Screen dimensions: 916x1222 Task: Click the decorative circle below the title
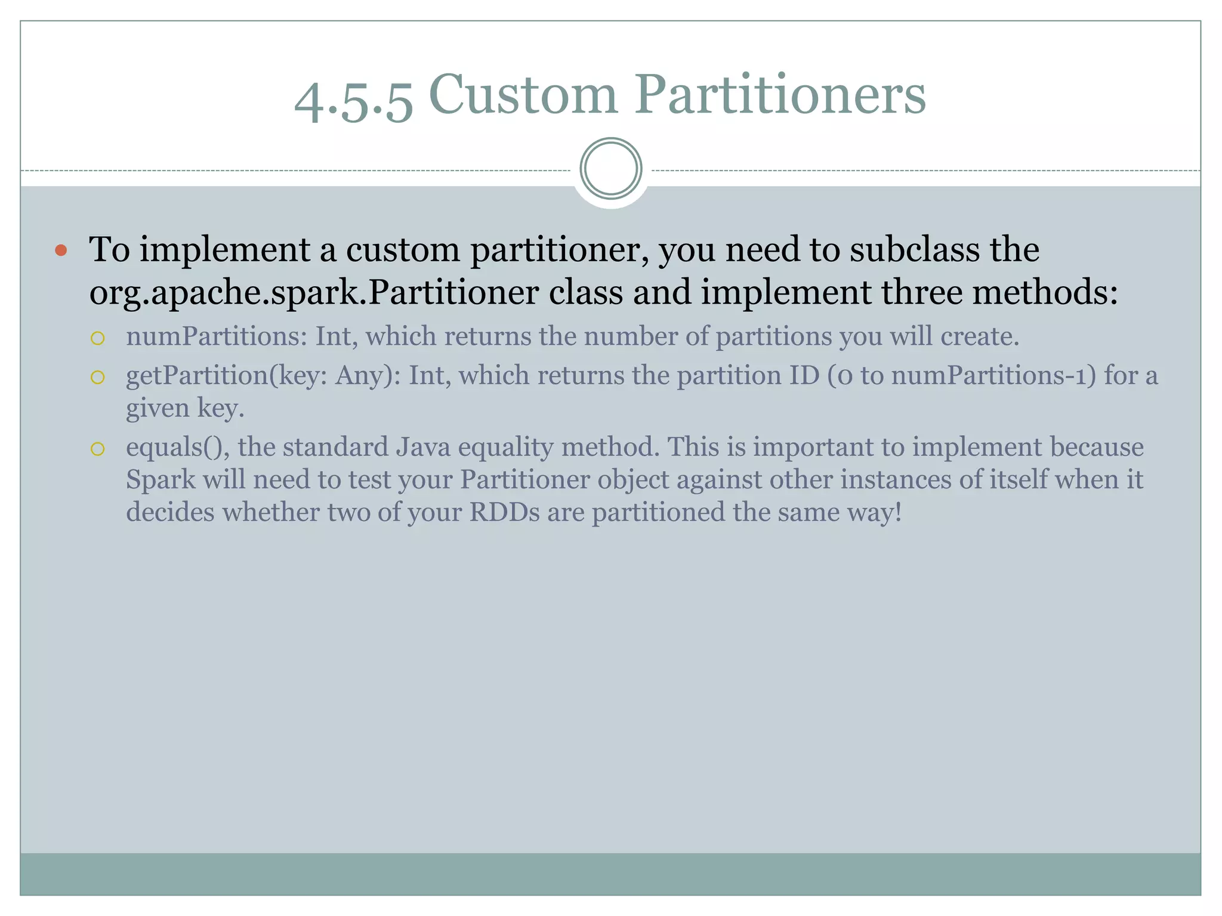tap(611, 169)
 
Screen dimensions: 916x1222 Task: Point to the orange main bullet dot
tap(60, 250)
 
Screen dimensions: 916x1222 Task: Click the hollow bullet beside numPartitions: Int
tap(97, 339)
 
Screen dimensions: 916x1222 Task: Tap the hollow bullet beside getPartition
tap(97, 377)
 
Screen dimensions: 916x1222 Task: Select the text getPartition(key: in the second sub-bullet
tap(227, 376)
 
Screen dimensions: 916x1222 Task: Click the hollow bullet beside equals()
tap(97, 448)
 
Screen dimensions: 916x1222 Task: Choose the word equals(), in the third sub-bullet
tap(178, 447)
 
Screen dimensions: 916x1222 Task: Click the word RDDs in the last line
tap(504, 512)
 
